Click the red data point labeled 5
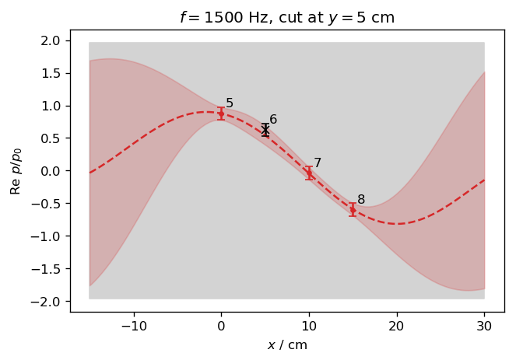221,114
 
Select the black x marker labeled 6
265,130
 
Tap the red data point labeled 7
309,173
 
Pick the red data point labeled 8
353,209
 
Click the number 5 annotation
230,103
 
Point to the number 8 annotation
361,200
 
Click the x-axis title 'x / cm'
287,344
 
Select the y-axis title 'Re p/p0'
16,171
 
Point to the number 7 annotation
318,163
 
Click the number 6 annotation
273,120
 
